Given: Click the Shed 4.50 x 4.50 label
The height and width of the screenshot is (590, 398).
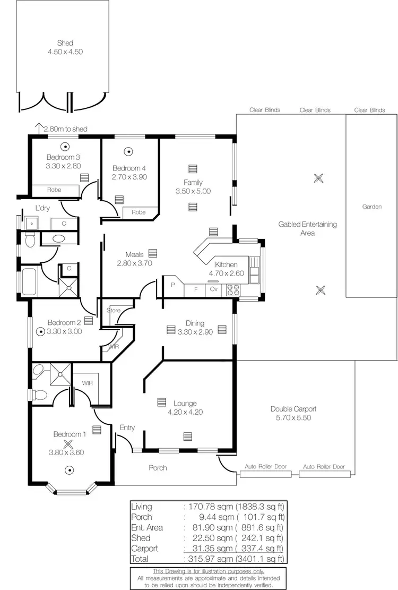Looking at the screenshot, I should click(65, 47).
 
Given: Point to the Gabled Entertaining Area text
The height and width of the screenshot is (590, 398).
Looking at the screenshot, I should click(307, 228).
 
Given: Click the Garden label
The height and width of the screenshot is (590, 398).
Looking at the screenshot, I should click(371, 207).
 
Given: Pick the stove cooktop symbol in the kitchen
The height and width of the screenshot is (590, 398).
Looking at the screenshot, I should click(233, 290).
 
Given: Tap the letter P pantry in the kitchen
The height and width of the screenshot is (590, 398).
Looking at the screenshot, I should click(172, 284).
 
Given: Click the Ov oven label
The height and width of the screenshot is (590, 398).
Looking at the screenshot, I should click(214, 290).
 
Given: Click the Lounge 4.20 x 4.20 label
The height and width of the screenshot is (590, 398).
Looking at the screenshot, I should click(185, 407).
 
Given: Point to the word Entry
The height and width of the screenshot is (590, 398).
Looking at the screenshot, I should click(127, 427).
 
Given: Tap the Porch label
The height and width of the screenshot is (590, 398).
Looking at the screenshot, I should click(158, 468).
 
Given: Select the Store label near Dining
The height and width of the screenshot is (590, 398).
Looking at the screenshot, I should click(114, 310).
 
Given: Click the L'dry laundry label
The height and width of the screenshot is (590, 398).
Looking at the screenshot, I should click(42, 208).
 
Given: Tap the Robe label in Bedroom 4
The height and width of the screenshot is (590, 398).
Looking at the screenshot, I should click(139, 212).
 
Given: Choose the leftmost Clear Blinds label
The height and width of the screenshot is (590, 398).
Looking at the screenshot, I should click(265, 110).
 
